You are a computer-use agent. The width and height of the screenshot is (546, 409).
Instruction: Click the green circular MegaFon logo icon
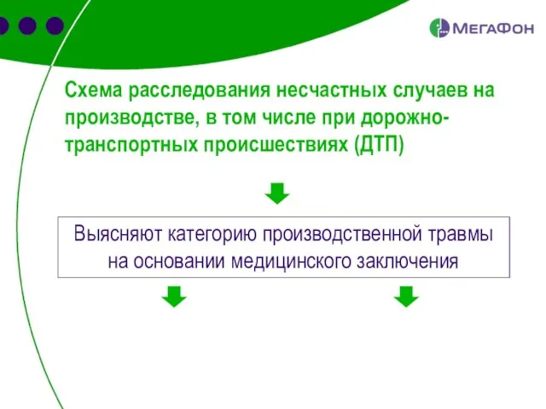439,28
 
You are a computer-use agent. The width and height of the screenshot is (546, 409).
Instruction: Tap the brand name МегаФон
492,29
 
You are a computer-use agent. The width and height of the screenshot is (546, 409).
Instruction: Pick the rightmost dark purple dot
55,26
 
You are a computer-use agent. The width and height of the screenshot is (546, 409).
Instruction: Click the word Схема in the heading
94,89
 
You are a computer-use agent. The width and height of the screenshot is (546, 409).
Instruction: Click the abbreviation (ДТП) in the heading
379,145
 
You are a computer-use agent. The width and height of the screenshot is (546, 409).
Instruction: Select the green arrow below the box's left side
174,296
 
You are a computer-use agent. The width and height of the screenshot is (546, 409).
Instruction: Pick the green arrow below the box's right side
406,296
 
